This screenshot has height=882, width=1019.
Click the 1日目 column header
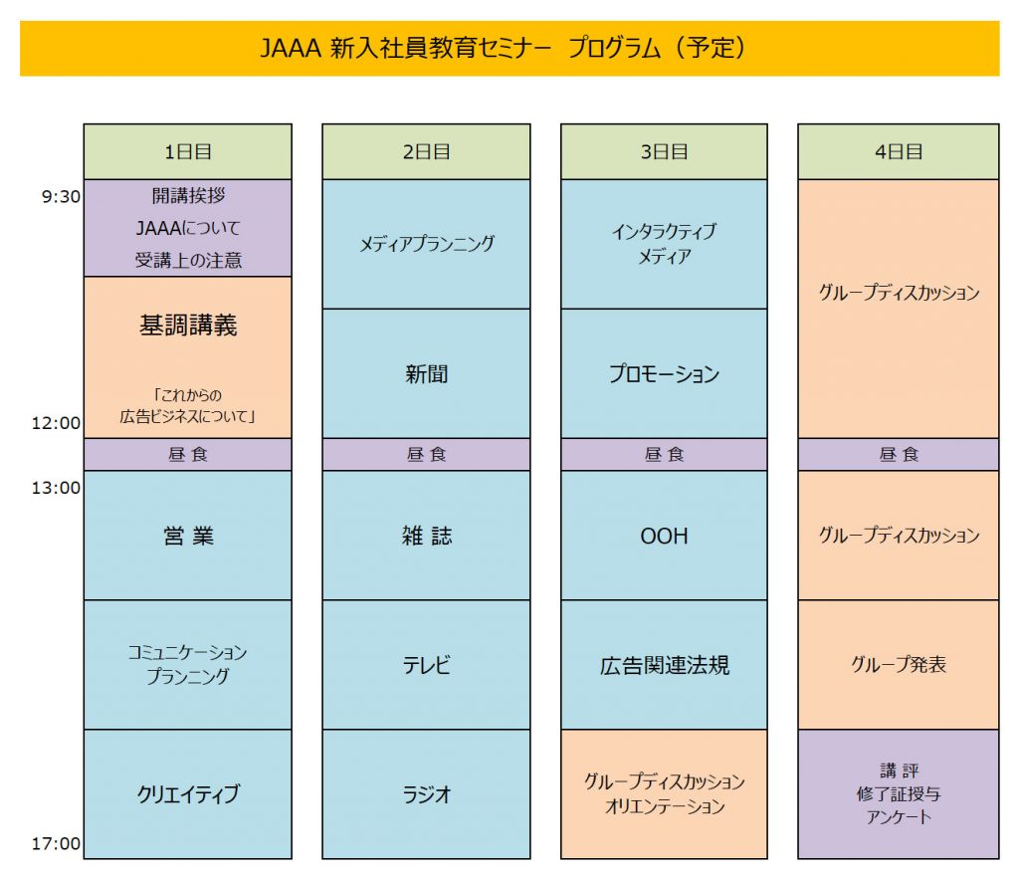[x=187, y=152]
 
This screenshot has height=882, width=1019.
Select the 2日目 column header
[x=426, y=152]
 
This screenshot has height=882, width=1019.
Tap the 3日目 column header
[x=664, y=152]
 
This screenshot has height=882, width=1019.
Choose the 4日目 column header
[x=899, y=152]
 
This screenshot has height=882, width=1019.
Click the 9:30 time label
[x=61, y=197]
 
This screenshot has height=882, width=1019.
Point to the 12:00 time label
[x=57, y=423]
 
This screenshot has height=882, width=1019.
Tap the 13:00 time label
[x=57, y=488]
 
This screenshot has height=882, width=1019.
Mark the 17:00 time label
[x=57, y=844]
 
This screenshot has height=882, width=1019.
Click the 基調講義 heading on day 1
[x=188, y=326]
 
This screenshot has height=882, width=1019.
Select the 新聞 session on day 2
[x=426, y=374]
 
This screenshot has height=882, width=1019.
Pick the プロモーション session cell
[x=664, y=374]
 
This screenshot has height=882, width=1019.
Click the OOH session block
[x=664, y=536]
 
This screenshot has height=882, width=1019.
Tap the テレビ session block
[x=426, y=665]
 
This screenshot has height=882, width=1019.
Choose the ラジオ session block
[x=426, y=794]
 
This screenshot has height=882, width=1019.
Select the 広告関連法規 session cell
[x=664, y=665]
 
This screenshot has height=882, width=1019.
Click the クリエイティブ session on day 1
[x=188, y=794]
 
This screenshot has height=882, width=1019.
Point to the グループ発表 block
[x=899, y=665]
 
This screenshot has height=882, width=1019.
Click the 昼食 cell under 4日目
[x=899, y=455]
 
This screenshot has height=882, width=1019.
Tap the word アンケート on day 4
[x=899, y=817]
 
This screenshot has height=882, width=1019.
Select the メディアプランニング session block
[x=426, y=244]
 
